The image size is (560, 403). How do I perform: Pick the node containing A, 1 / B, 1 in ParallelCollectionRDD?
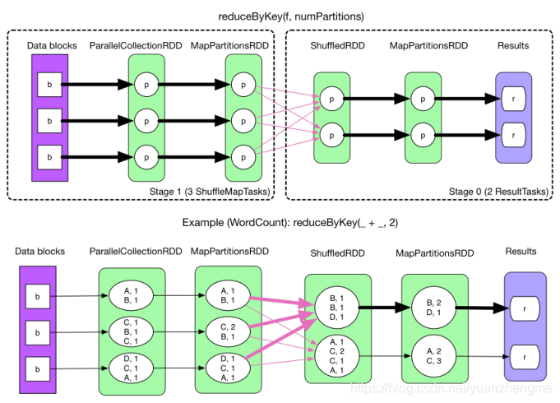pos(130,294)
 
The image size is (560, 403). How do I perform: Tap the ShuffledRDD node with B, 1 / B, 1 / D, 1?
pos(335,306)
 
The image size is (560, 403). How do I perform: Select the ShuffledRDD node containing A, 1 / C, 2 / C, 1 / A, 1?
pos(335,355)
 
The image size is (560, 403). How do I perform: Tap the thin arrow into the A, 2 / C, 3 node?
pos(385,355)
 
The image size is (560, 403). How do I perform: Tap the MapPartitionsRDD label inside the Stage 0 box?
pos(423,46)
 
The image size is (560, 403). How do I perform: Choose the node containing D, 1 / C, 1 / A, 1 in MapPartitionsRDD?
pos(226,368)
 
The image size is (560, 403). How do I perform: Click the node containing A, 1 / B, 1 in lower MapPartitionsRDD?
pos(226,294)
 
